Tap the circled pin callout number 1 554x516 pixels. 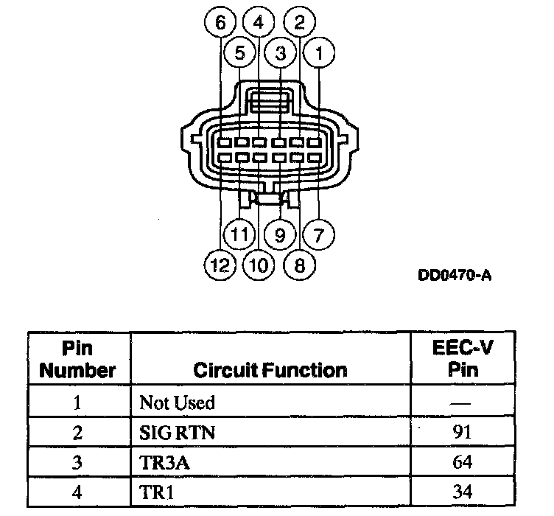coord(319,53)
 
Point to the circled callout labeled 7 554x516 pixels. coord(319,236)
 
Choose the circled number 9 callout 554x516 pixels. coord(279,236)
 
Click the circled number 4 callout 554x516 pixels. coord(259,23)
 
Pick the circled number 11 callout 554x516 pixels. coord(239,236)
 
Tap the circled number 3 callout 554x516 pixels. coord(279,53)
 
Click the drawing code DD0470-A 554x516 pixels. coord(454,276)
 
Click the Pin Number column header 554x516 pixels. coord(77,359)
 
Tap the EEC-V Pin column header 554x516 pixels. coord(463,359)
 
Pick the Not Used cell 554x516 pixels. coord(177,403)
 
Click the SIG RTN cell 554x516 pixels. coord(178,433)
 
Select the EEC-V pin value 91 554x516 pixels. coord(463,433)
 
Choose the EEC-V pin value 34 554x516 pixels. coord(463,492)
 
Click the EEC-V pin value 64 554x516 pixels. coord(463,462)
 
